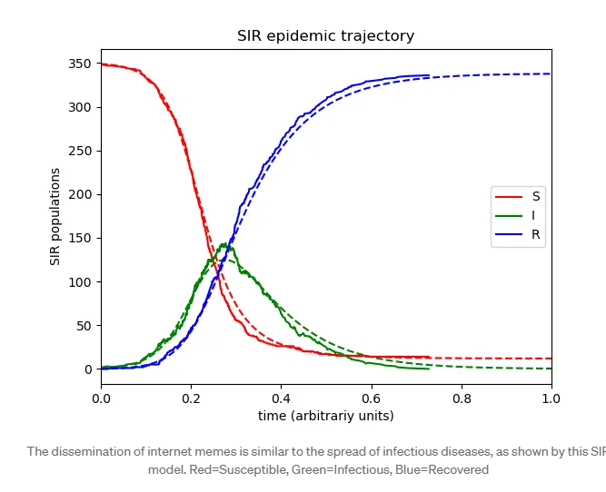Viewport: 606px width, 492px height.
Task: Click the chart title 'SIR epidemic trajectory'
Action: (x=325, y=36)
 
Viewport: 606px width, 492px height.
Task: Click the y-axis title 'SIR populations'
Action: (x=55, y=216)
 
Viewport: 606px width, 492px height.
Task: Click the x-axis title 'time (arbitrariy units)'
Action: (x=325, y=416)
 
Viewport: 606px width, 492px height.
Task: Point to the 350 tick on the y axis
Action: (x=82, y=64)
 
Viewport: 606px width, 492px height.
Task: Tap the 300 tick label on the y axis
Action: (x=82, y=107)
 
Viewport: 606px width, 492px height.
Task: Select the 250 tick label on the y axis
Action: (x=82, y=151)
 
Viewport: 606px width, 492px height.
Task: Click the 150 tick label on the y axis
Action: (x=82, y=238)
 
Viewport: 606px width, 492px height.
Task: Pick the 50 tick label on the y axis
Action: (x=85, y=325)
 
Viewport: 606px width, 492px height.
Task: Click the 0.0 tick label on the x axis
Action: (x=101, y=398)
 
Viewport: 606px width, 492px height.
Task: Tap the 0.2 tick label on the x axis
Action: (x=191, y=398)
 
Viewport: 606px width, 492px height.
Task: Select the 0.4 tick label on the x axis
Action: (x=281, y=398)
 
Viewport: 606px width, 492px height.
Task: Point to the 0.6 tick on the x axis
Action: (x=371, y=398)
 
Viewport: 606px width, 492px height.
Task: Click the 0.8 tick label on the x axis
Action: (x=461, y=398)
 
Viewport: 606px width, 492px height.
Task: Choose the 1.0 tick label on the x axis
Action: (x=551, y=398)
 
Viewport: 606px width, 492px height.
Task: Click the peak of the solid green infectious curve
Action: (x=224, y=243)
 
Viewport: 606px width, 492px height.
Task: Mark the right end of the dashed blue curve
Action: (x=550, y=74)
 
